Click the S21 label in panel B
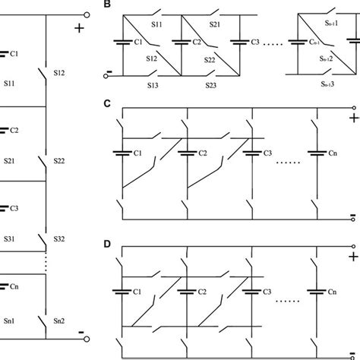pyautogui.click(x=216, y=25)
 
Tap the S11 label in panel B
pyautogui.click(x=157, y=25)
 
